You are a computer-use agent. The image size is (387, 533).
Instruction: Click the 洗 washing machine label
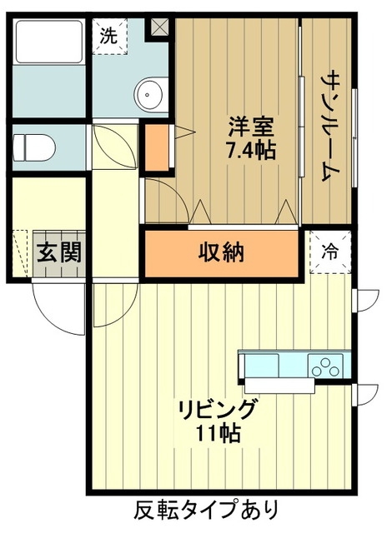point(108,36)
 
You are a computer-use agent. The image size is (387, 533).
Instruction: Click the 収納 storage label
point(221,251)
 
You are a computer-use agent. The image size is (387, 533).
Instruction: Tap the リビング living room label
point(217,411)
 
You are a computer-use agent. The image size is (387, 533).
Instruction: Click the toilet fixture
point(33,147)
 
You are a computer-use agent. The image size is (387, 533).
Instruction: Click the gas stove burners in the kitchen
point(325,365)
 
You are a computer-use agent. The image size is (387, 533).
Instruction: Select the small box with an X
point(158,26)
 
